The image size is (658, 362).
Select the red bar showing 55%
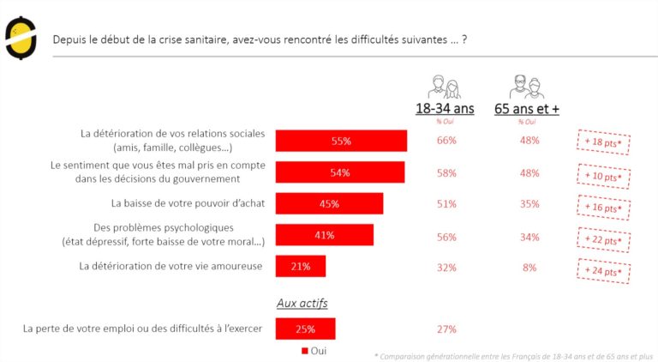[341, 141]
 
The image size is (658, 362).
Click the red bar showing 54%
[340, 172]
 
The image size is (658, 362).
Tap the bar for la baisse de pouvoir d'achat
[329, 203]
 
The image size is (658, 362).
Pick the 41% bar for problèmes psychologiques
[324, 235]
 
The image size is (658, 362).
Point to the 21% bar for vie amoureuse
[300, 267]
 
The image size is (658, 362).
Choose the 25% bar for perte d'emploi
[305, 329]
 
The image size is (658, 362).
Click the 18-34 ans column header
[445, 109]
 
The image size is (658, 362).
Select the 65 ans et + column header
[527, 109]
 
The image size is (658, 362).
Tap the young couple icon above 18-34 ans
[444, 86]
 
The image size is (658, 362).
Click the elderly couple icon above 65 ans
[527, 86]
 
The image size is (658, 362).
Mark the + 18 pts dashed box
[602, 142]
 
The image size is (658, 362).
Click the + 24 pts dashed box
[602, 272]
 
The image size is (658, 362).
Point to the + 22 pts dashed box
[602, 240]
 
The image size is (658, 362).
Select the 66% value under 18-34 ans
[446, 141]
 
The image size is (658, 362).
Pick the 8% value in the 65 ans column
[529, 267]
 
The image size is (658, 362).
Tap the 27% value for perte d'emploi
[446, 329]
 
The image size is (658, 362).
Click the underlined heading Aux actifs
[302, 303]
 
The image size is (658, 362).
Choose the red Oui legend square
[304, 351]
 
